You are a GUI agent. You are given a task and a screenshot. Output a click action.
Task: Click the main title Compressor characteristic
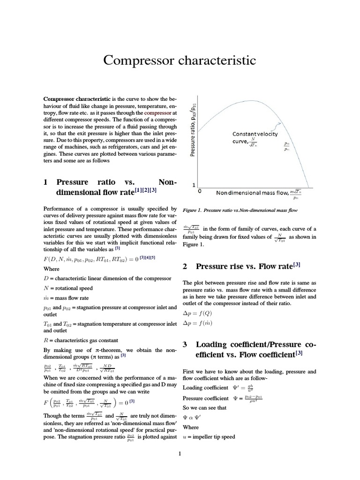pos(180,60)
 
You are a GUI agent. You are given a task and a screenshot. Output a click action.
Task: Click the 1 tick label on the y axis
pos(194,185)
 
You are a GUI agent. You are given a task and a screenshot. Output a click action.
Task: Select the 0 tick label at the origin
pos(200,192)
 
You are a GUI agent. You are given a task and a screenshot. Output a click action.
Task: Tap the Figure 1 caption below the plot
pos(240,211)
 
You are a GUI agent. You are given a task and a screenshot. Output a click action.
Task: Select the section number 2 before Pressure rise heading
pos(185,266)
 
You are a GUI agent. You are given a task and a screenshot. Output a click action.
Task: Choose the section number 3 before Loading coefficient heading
pos(185,345)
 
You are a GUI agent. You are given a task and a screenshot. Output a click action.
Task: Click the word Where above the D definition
pos(51,269)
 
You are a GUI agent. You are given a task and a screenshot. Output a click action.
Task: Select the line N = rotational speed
pos(67,288)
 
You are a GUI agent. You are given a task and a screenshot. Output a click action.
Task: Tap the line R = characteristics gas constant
pos(81,340)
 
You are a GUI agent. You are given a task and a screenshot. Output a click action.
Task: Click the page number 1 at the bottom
pos(180,454)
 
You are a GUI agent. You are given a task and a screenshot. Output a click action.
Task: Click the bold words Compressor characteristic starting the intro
pos(77,99)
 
